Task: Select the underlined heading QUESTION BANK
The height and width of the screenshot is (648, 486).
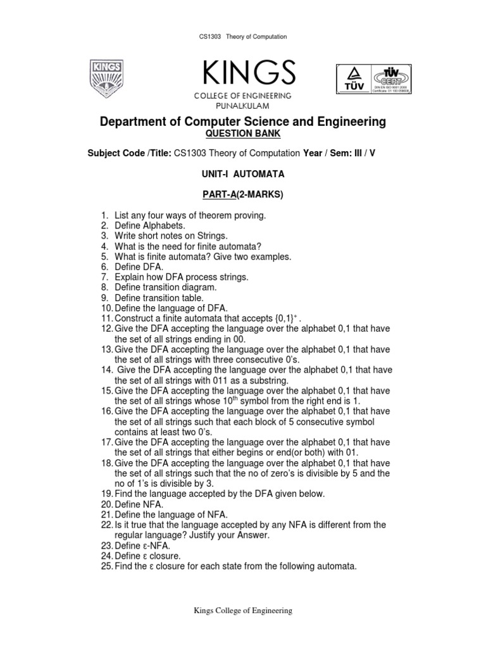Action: (x=243, y=134)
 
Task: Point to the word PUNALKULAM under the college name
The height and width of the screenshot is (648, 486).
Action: (x=243, y=104)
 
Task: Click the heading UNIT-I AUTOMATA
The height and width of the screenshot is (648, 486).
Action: (x=243, y=174)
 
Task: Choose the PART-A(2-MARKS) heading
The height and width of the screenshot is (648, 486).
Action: (x=243, y=195)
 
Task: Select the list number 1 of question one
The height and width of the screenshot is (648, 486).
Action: (x=104, y=216)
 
